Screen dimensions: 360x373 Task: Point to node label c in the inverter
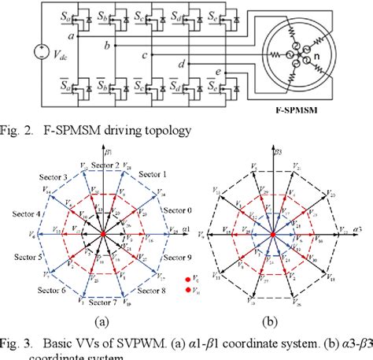144,56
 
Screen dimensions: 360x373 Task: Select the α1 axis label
185,228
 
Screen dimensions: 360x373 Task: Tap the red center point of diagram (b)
272,234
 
